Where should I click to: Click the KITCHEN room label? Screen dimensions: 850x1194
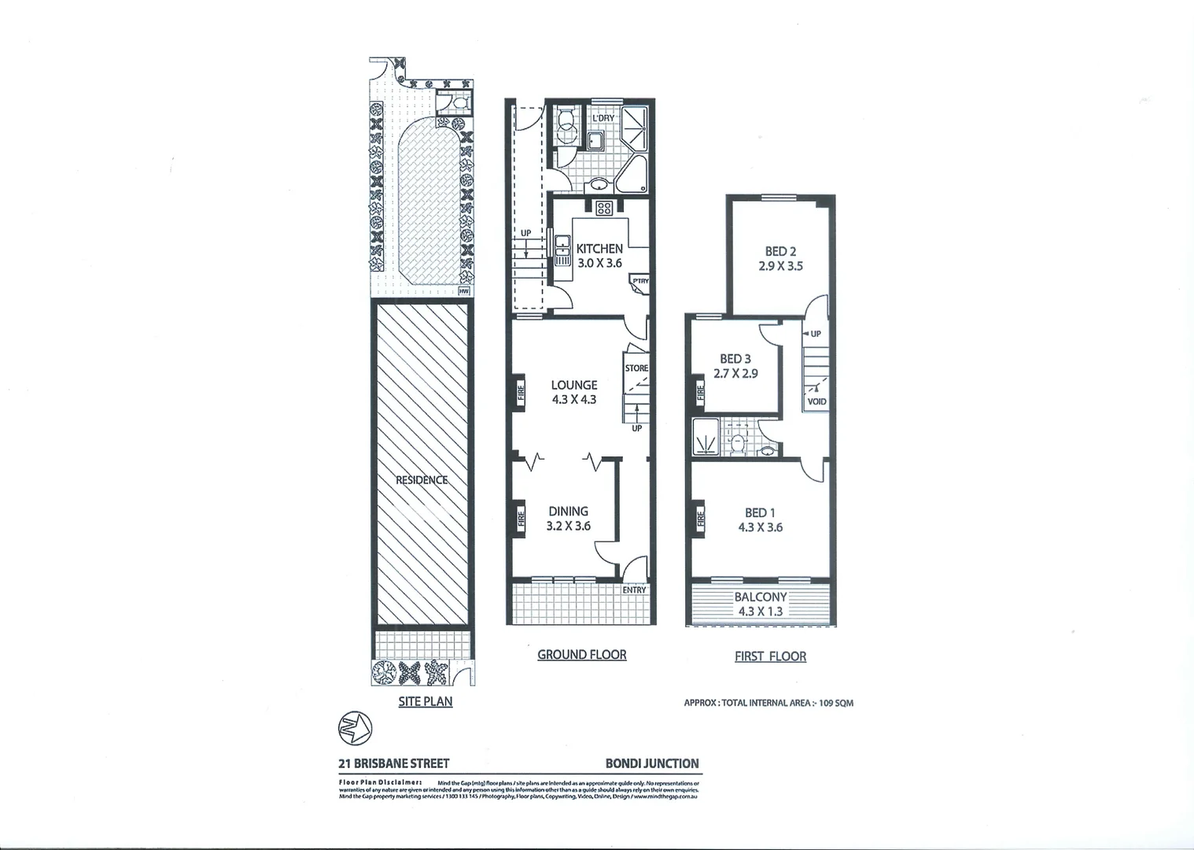coord(599,249)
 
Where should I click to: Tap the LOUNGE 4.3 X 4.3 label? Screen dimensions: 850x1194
coord(574,392)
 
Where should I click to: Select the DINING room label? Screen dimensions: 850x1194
coord(569,512)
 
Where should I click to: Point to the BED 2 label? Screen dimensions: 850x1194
coord(780,252)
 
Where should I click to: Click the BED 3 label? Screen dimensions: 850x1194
coord(735,359)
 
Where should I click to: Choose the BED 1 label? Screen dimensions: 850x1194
coord(760,513)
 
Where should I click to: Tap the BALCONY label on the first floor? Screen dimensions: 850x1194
coord(760,597)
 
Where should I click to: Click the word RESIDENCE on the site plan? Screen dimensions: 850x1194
coord(422,480)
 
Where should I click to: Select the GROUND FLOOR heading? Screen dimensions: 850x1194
coord(581,655)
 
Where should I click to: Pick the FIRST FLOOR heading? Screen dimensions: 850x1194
coord(770,656)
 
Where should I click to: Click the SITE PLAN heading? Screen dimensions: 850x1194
coord(425,701)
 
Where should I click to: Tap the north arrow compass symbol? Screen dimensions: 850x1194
coord(355,726)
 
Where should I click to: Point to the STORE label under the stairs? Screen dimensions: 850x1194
coord(636,368)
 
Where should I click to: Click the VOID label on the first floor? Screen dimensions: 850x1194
coord(816,401)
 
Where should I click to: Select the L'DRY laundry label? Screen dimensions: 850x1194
coord(603,118)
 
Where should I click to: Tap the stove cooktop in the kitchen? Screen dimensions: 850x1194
coord(604,209)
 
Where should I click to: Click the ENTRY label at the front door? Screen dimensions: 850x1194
coord(634,589)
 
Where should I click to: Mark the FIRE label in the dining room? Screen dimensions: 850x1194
coord(521,519)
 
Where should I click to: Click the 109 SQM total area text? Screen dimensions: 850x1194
coord(836,703)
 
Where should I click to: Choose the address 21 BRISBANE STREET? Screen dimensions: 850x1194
coord(394,763)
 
